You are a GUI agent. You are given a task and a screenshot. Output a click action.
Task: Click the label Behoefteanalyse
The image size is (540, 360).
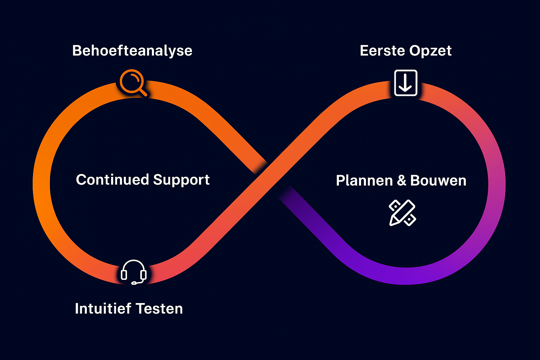pyautogui.click(x=132, y=51)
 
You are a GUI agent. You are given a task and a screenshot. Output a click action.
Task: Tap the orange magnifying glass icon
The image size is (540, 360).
pyautogui.click(x=133, y=83)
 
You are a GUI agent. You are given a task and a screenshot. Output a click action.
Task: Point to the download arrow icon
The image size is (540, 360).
pyautogui.click(x=406, y=83)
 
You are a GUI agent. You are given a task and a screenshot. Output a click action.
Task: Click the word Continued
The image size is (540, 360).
pyautogui.click(x=112, y=180)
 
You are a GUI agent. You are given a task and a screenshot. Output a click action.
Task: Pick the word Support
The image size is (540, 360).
pyautogui.click(x=181, y=180)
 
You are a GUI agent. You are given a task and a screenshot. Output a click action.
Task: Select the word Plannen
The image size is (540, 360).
pyautogui.click(x=364, y=181)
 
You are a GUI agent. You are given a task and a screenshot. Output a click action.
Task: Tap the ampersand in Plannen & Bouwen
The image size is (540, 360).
pyautogui.click(x=401, y=181)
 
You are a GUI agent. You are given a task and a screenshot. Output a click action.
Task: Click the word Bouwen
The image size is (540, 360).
pyautogui.click(x=438, y=181)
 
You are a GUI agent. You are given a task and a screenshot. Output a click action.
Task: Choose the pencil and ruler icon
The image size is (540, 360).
pyautogui.click(x=402, y=213)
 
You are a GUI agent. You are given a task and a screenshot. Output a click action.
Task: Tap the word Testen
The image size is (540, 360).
pyautogui.click(x=159, y=309)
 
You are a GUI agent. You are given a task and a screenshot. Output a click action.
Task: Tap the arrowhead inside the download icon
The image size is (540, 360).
pyautogui.click(x=406, y=88)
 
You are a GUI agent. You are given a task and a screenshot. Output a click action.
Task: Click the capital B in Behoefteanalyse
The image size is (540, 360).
pyautogui.click(x=77, y=51)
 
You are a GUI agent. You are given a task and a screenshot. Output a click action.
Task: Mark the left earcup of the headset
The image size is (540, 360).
pyautogui.click(x=124, y=275)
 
